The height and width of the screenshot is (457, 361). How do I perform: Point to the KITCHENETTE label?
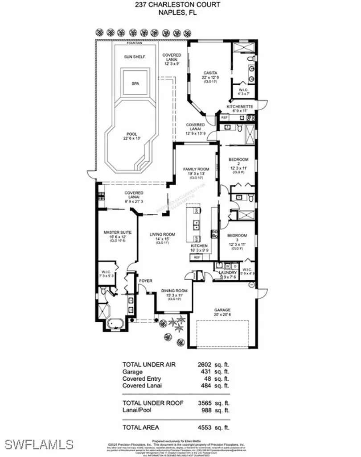click(x=240, y=107)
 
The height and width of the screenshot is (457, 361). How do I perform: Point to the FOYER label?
click(x=146, y=281)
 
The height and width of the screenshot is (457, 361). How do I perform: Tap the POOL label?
click(x=131, y=134)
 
